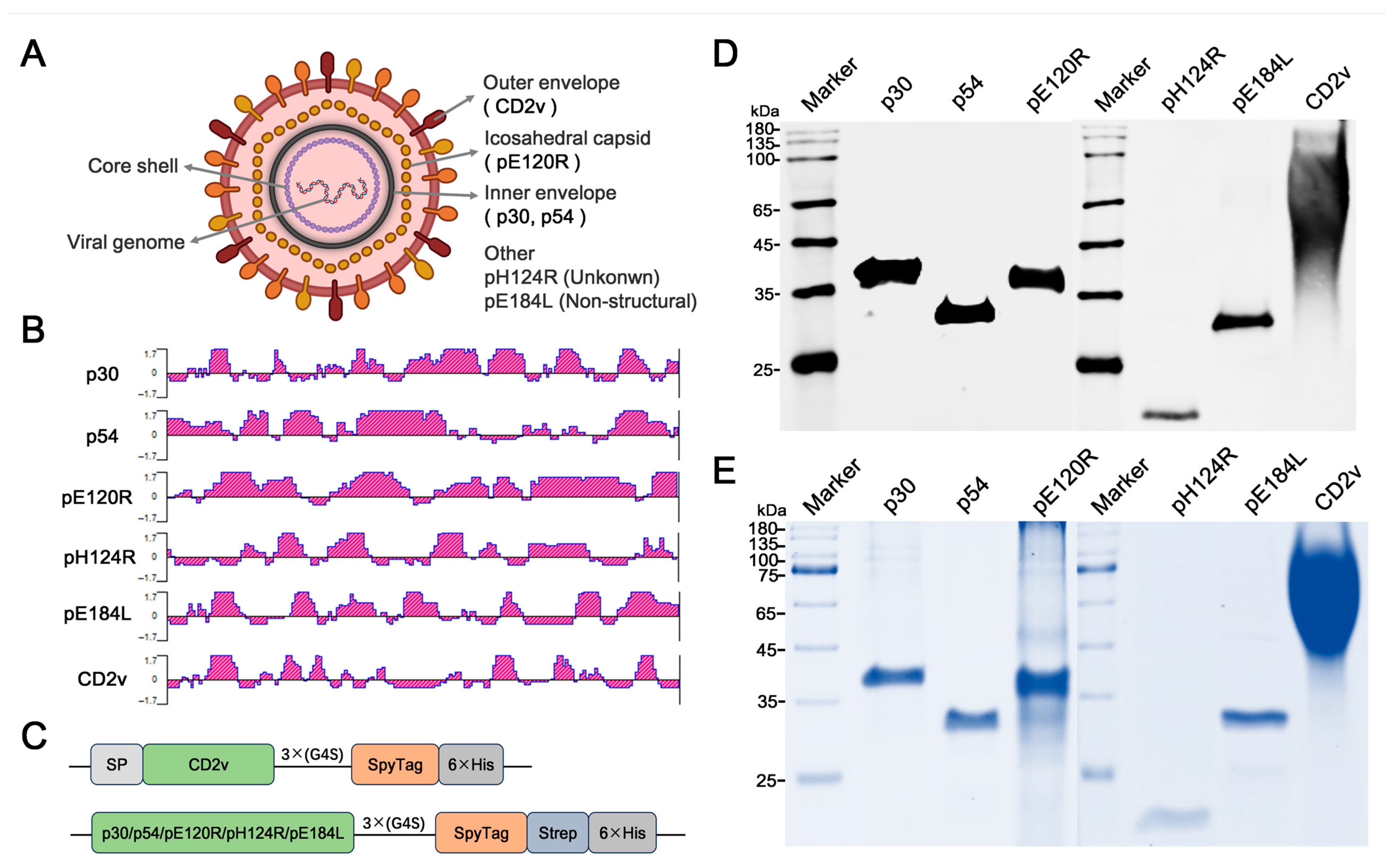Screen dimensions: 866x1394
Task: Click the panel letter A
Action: click(33, 54)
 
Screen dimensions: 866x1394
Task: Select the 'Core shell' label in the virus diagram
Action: click(132, 166)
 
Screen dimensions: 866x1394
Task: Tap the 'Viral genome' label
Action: click(126, 242)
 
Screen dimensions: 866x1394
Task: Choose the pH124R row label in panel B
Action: click(99, 557)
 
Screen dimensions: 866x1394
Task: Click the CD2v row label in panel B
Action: click(102, 679)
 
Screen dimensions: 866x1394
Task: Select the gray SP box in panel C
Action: click(116, 765)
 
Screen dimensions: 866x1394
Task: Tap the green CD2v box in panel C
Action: click(208, 765)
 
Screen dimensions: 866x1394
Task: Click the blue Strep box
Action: click(557, 833)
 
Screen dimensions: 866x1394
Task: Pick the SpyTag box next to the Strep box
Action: click(481, 833)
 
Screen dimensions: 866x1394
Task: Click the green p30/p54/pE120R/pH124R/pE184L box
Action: click(222, 833)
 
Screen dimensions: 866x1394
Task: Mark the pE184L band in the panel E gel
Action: click(1254, 717)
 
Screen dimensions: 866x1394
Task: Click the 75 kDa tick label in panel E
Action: click(768, 576)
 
